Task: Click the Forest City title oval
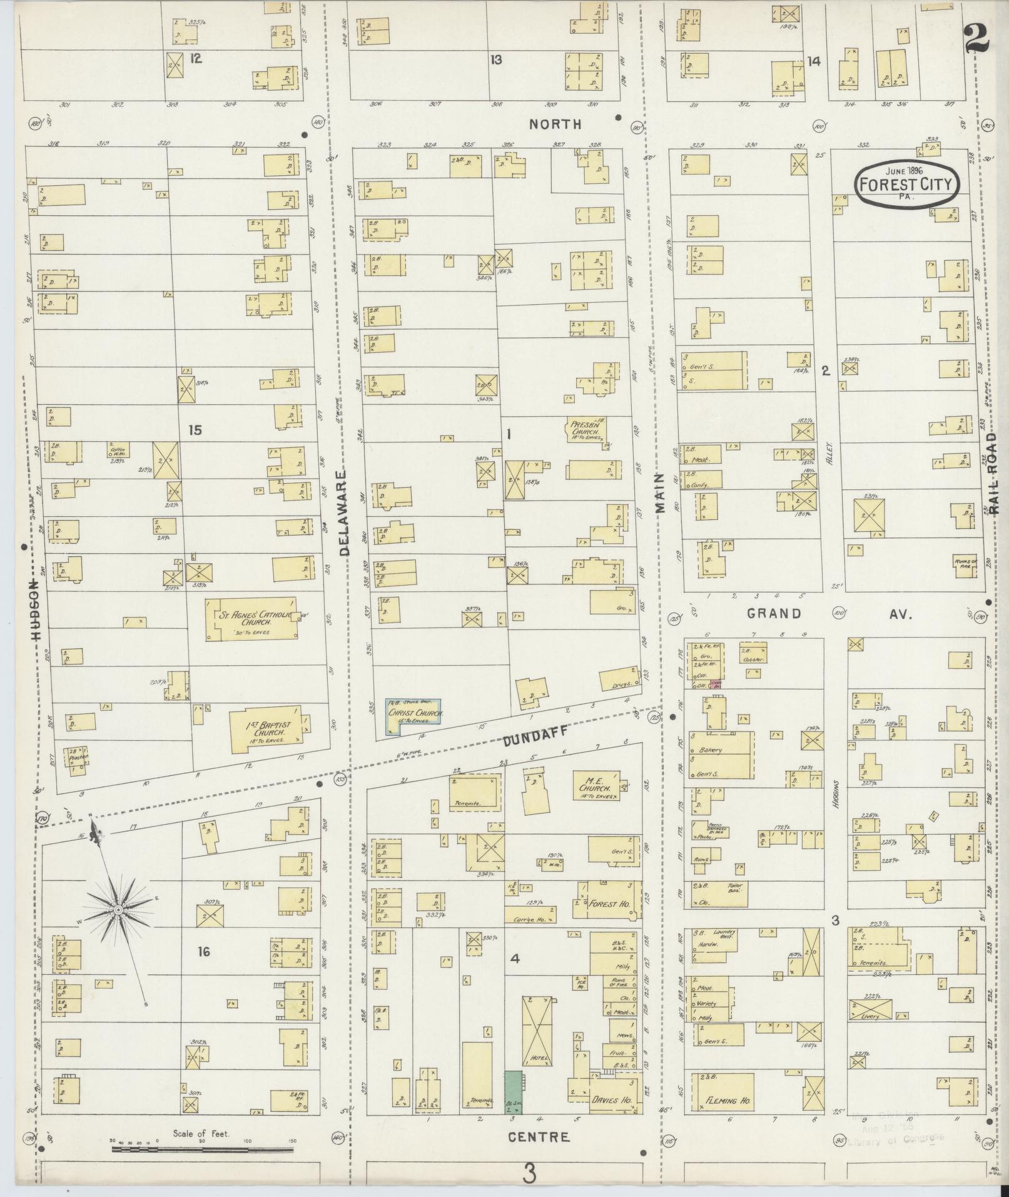point(907,184)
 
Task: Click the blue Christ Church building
point(413,716)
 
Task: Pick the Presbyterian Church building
point(587,429)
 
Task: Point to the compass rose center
point(117,908)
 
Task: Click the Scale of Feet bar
point(202,1149)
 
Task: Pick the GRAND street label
point(773,613)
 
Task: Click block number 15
point(196,430)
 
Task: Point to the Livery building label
point(870,1016)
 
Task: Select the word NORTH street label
point(555,125)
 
